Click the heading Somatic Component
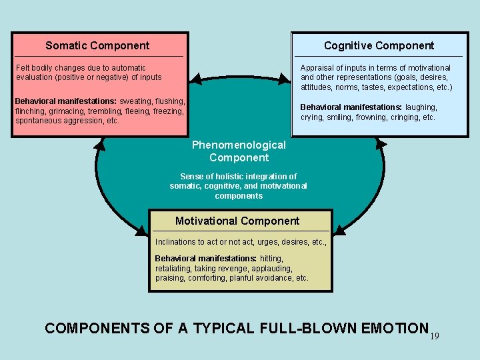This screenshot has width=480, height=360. pos(97,46)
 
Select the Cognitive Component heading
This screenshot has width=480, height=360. pos(379,46)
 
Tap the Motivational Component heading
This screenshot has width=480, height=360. pos(237,221)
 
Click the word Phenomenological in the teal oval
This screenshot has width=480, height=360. pos(239,145)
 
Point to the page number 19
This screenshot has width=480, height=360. pos(435,337)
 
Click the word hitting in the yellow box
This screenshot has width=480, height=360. pos(271,258)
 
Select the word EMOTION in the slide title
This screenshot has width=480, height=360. pos(393,329)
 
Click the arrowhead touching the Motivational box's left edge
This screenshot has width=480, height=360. pos(142,231)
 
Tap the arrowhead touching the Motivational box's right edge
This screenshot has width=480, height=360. pos(339,231)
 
